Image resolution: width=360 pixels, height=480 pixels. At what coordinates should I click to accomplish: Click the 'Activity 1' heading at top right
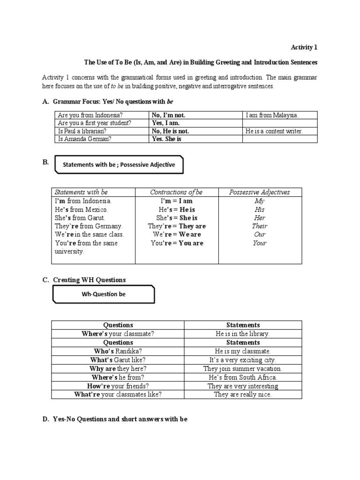[x=304, y=47]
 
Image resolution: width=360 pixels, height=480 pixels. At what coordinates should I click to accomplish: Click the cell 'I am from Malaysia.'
[x=272, y=115]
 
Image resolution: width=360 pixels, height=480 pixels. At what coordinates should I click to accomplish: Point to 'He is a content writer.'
[x=274, y=131]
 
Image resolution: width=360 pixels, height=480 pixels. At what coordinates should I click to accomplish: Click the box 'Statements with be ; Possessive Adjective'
[x=119, y=165]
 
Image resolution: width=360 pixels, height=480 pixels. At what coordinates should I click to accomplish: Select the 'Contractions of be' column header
[x=176, y=192]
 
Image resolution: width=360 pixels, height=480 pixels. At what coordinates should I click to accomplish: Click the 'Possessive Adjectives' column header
[x=259, y=192]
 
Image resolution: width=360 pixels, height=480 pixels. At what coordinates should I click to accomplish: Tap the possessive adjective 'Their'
[x=259, y=226]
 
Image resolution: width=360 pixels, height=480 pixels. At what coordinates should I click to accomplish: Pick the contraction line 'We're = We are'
[x=176, y=234]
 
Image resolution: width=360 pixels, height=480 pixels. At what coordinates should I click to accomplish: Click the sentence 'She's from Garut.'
[x=80, y=217]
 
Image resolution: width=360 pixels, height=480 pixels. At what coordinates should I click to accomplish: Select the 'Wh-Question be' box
[x=104, y=294]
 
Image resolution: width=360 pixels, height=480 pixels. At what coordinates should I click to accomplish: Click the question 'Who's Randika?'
[x=118, y=351]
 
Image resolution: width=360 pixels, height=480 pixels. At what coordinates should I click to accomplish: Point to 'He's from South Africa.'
[x=243, y=377]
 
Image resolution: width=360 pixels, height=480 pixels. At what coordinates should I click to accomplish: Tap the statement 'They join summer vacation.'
[x=243, y=368]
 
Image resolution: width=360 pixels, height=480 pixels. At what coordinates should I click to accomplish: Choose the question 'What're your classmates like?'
[x=118, y=395]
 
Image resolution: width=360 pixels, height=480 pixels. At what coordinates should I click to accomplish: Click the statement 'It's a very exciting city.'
[x=243, y=360]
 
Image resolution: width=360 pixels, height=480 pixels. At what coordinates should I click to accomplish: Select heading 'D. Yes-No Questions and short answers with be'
[x=115, y=419]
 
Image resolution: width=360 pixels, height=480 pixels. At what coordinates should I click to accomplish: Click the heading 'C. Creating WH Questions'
[x=84, y=280]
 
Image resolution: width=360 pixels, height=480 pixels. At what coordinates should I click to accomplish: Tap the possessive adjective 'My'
[x=259, y=201]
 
